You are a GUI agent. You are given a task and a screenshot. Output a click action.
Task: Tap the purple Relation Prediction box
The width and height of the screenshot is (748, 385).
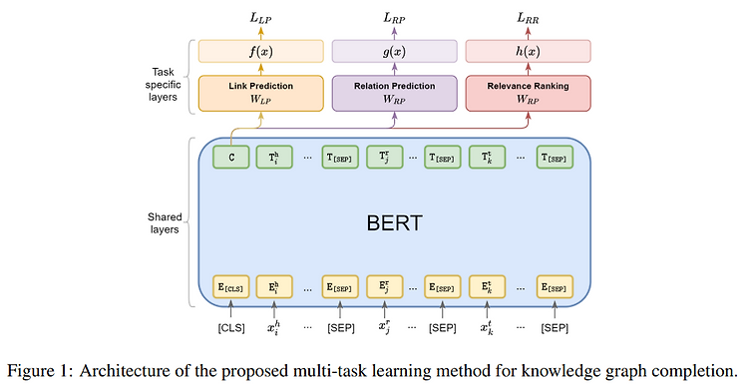(393, 92)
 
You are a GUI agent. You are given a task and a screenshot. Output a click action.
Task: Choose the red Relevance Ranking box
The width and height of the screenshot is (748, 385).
(528, 92)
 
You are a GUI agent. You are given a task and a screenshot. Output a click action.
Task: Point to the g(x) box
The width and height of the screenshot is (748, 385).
(393, 51)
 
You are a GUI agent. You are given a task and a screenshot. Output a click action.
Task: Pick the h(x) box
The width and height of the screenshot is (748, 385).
(528, 51)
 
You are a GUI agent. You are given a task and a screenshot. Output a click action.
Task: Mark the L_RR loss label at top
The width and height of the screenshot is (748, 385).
(528, 17)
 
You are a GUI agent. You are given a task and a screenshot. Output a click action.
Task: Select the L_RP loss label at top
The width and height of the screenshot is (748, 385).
(393, 17)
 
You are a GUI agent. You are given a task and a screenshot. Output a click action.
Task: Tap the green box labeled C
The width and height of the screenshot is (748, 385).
(231, 158)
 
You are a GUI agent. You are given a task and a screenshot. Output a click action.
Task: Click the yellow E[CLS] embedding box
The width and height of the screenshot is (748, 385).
(231, 287)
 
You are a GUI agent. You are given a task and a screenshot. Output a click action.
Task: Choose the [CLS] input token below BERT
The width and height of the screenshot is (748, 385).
(231, 327)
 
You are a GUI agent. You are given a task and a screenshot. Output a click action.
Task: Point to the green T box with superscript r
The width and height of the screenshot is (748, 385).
(384, 158)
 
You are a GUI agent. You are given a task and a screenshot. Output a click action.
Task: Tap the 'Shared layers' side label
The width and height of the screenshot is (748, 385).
(163, 221)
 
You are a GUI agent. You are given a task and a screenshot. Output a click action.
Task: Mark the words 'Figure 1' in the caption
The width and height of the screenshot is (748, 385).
(38, 365)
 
